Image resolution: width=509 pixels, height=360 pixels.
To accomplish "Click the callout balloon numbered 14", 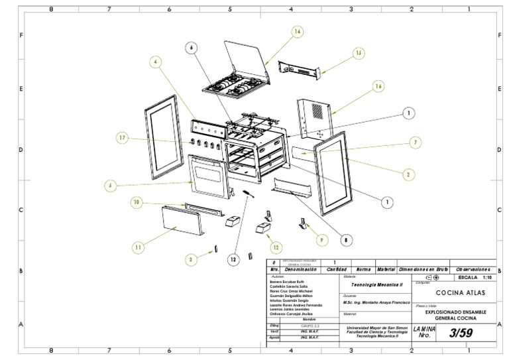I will [x=298, y=31].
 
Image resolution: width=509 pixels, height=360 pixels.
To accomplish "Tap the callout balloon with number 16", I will [x=378, y=86].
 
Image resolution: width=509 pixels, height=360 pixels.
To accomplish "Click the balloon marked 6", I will [x=192, y=47].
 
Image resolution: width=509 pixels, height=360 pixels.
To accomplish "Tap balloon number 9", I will [x=321, y=239].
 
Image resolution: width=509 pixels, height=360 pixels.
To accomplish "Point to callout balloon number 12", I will [x=275, y=247].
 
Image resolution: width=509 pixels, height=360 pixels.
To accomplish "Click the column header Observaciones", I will [x=473, y=270].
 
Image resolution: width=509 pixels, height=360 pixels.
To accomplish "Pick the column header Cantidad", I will [x=337, y=270].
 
